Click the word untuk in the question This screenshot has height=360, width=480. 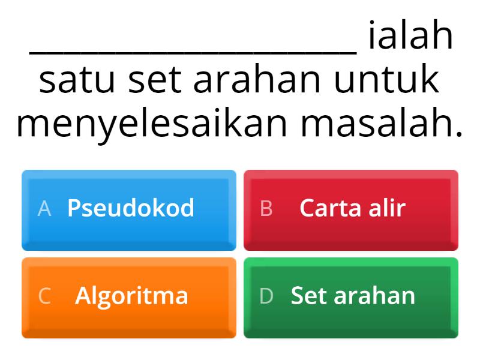[386, 81]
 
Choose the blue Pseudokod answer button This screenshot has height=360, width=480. [129, 209]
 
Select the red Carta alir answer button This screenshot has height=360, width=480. [351, 209]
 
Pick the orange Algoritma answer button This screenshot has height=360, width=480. [129, 297]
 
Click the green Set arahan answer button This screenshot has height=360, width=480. [351, 297]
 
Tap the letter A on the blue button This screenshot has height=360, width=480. [44, 208]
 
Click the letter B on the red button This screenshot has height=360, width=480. [266, 208]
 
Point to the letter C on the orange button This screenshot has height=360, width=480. [44, 296]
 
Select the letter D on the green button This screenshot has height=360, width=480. [266, 296]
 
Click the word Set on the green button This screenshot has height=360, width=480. [309, 296]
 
